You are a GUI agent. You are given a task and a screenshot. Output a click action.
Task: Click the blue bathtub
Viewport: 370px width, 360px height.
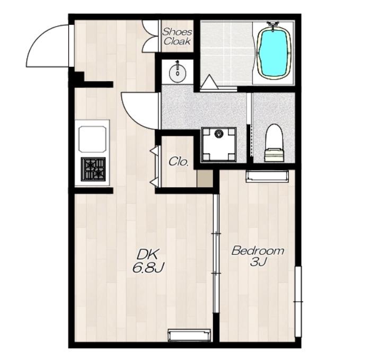275,53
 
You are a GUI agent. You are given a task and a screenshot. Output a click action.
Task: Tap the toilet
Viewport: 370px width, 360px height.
274,143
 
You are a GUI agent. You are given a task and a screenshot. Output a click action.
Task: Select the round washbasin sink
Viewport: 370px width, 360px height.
178,73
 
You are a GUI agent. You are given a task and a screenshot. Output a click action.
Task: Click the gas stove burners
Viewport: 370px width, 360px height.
93,169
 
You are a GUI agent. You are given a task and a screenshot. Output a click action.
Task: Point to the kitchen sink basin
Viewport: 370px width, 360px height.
92,139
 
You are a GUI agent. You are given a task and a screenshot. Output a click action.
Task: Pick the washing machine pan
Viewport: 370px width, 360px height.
219,144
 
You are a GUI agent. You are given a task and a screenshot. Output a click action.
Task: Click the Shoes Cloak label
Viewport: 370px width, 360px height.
177,37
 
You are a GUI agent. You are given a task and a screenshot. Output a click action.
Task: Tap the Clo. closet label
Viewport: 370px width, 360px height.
179,162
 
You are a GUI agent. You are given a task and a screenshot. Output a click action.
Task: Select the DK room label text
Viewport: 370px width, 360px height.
147,254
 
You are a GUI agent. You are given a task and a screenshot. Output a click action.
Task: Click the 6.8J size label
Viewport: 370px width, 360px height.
148,268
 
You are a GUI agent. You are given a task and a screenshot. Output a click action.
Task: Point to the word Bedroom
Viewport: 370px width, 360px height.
258,250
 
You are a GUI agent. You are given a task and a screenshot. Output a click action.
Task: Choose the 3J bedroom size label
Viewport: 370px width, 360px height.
258,261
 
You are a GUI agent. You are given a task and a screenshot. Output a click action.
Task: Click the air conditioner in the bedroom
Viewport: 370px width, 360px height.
267,177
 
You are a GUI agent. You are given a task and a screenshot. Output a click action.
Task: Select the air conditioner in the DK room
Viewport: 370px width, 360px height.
189,335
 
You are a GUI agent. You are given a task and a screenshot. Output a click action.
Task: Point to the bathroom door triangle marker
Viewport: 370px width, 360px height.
209,82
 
